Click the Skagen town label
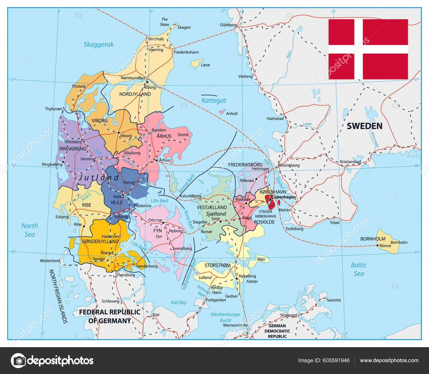pyautogui.click(x=184, y=27)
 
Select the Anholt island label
pyautogui.click(x=232, y=113)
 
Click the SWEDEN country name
pyautogui.click(x=364, y=126)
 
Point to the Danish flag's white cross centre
pyautogui.click(x=358, y=49)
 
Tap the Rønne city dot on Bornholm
pyautogui.click(x=378, y=245)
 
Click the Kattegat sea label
pyautogui.click(x=214, y=101)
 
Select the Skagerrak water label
pyautogui.click(x=98, y=45)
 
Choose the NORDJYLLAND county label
pyautogui.click(x=135, y=94)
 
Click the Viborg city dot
pyautogui.click(x=119, y=133)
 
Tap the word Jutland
pyautogui.click(x=99, y=178)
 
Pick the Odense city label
pyautogui.click(x=155, y=220)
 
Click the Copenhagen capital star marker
pyautogui.click(x=270, y=199)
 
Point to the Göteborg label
pyautogui.click(x=228, y=25)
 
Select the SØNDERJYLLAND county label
pyautogui.click(x=100, y=241)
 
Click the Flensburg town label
pyautogui.click(x=126, y=275)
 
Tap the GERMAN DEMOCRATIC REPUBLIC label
pyautogui.click(x=277, y=331)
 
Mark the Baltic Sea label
pyautogui.click(x=359, y=269)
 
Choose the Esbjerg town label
pyautogui.click(x=62, y=217)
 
